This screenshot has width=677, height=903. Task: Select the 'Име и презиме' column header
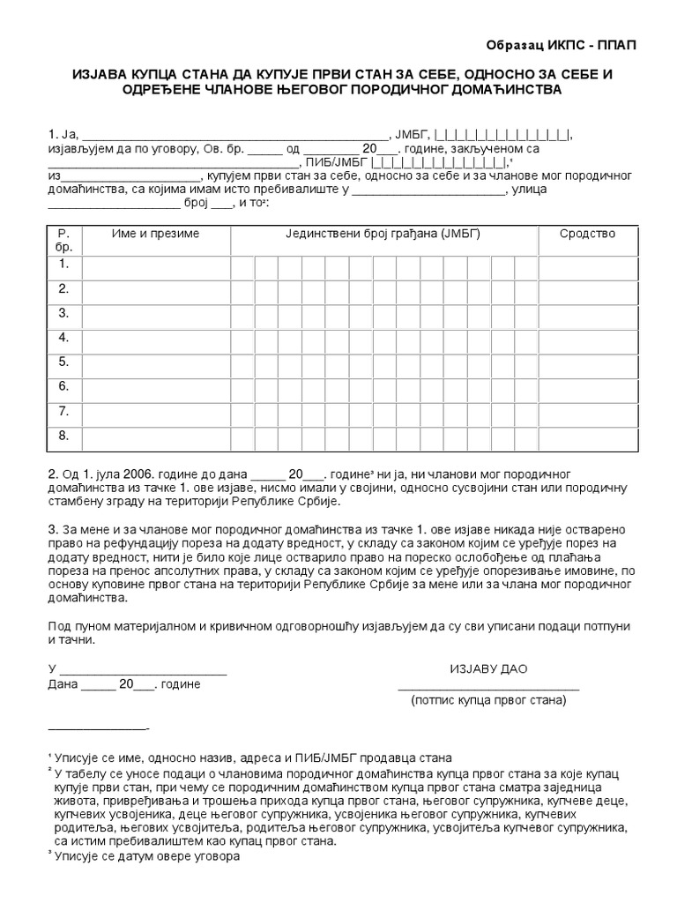[155, 234]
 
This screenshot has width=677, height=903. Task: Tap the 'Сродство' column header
[587, 234]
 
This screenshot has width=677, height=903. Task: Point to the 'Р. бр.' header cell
[63, 241]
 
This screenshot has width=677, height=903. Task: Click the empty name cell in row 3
[155, 313]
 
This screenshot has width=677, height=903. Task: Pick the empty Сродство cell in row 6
[587, 386]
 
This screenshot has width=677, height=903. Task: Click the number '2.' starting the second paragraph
[53, 473]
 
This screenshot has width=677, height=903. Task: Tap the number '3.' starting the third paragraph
[53, 528]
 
